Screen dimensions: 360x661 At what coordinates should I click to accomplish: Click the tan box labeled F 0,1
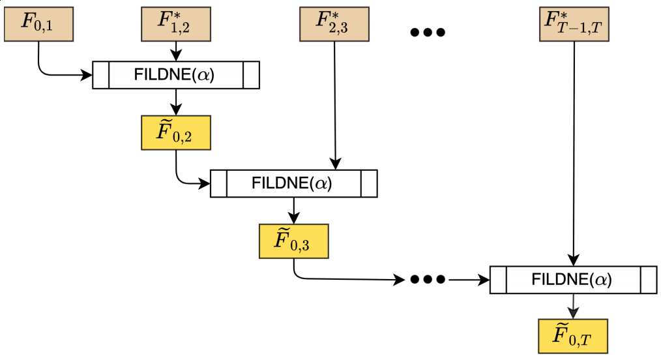click(x=38, y=25)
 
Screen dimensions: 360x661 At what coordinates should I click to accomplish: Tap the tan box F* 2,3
click(x=334, y=25)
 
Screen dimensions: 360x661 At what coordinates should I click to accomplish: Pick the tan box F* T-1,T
click(x=574, y=25)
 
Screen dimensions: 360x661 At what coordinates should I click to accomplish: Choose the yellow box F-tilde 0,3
click(x=293, y=241)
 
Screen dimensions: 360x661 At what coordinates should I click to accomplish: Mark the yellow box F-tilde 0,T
click(x=573, y=336)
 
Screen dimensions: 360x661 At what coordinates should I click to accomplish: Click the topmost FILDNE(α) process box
click(x=176, y=75)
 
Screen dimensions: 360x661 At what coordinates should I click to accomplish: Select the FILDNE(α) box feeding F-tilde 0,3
click(x=293, y=183)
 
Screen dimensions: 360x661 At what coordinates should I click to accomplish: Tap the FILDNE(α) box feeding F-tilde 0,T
click(x=573, y=280)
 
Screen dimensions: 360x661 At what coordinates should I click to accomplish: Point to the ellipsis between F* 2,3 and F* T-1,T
click(x=428, y=32)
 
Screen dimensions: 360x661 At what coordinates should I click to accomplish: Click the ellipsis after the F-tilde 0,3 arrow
click(x=428, y=280)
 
